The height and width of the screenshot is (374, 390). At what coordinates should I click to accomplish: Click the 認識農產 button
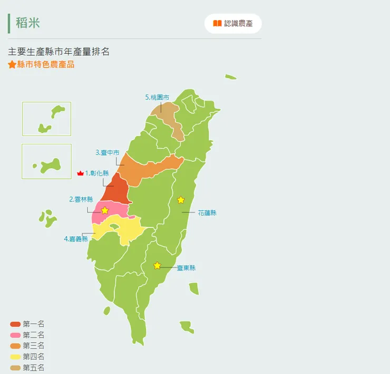[233, 24]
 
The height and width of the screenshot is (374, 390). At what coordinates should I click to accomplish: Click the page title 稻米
[28, 23]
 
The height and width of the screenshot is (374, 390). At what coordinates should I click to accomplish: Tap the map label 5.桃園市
[157, 97]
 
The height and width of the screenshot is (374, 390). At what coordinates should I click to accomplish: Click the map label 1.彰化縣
[97, 173]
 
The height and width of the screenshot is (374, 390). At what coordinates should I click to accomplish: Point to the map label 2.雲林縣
[81, 199]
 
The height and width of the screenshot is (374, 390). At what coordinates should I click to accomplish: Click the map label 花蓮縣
[207, 213]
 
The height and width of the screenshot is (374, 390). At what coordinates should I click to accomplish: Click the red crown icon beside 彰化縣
[80, 173]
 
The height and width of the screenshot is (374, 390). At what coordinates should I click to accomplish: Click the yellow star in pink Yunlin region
[104, 210]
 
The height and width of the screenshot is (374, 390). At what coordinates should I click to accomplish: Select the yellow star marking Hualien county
[181, 200]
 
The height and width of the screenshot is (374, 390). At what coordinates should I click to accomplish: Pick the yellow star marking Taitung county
[157, 265]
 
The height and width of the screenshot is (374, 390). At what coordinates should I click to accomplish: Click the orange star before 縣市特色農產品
[12, 65]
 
